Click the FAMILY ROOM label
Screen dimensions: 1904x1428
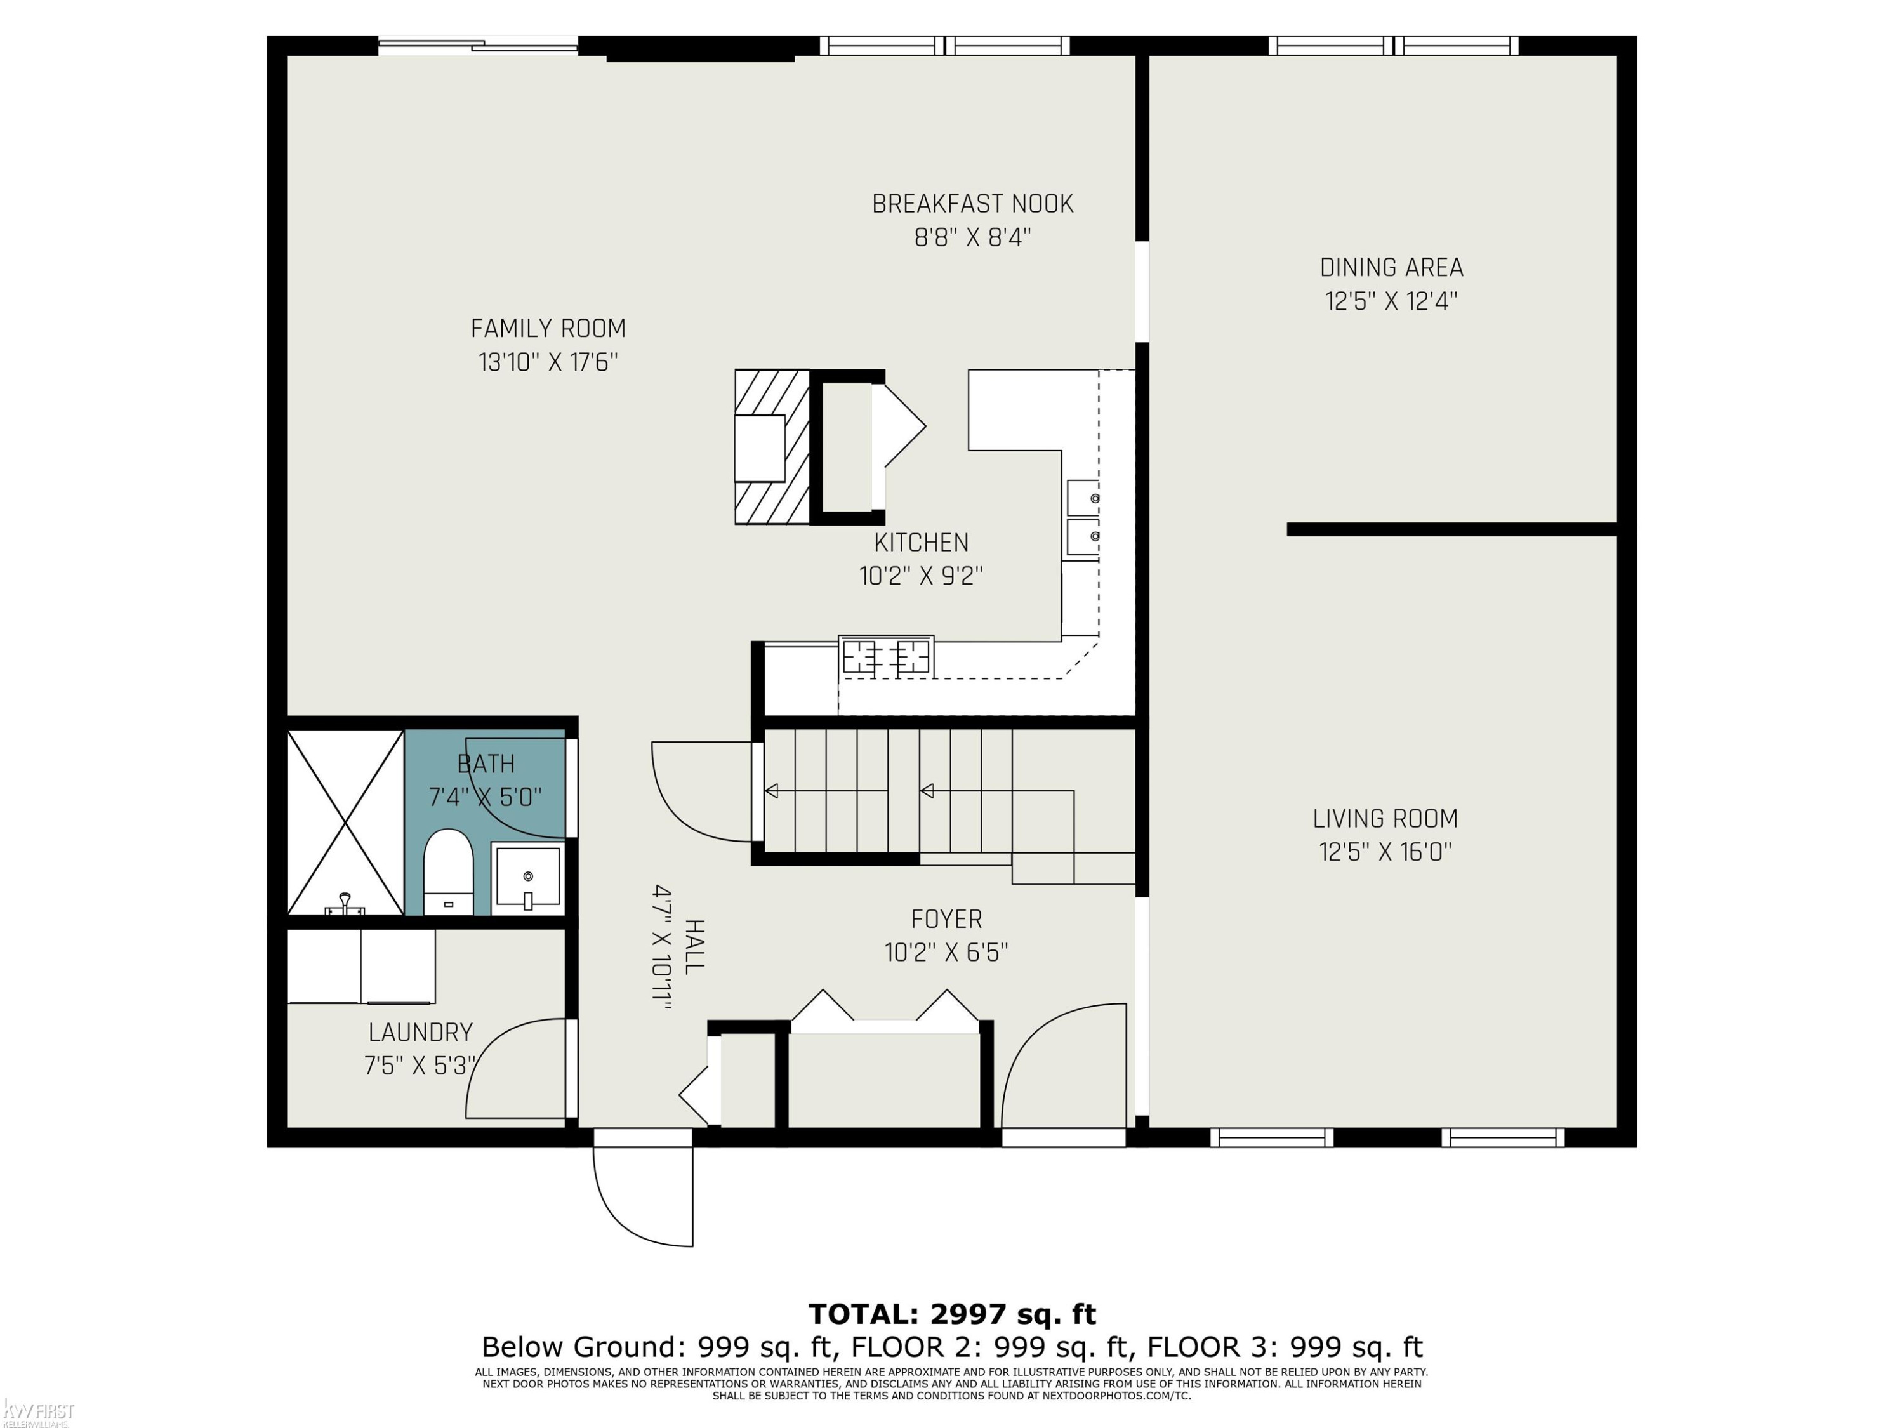pos(548,328)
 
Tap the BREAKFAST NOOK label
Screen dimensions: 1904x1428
pos(973,204)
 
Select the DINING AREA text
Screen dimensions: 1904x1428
pos(1392,268)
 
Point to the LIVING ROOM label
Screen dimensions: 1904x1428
pos(1385,819)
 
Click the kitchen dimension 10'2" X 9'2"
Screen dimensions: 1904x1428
pos(921,575)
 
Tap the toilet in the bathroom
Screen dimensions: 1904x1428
pos(449,872)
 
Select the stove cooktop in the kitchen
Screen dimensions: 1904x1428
pos(887,658)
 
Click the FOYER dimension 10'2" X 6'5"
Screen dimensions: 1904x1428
pos(946,952)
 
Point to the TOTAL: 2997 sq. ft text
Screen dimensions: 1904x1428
pos(952,1314)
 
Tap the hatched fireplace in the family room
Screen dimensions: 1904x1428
pos(772,447)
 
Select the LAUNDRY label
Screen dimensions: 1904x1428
pos(420,1032)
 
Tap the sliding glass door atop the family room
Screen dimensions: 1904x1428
pos(479,46)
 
